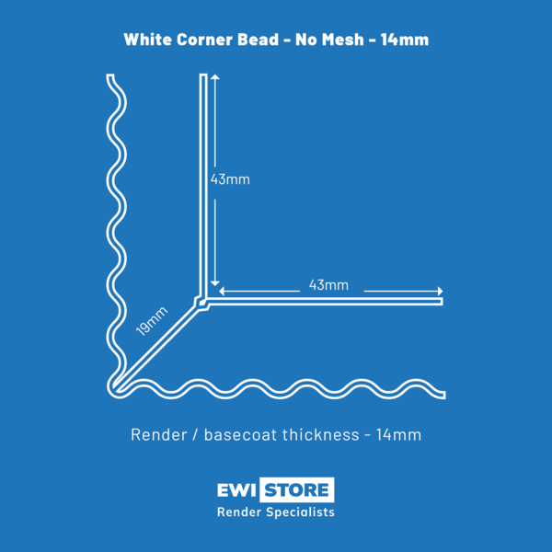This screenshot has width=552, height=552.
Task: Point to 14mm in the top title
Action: (x=405, y=39)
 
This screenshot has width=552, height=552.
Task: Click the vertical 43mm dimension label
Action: (x=230, y=179)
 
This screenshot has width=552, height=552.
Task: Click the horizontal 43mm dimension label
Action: (x=328, y=285)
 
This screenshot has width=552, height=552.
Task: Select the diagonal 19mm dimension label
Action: (x=152, y=321)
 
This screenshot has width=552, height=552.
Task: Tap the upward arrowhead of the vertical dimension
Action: (x=215, y=76)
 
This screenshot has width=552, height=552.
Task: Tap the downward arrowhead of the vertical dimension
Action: (x=215, y=283)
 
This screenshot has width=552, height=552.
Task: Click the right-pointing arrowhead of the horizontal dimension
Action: (x=441, y=291)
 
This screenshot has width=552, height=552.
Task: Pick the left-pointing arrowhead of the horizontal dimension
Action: (x=222, y=291)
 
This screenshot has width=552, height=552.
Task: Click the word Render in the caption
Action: (x=159, y=435)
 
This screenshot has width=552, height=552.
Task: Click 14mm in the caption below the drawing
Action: (x=399, y=435)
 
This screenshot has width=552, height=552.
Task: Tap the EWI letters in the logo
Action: (x=236, y=490)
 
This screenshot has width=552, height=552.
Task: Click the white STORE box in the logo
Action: (x=297, y=489)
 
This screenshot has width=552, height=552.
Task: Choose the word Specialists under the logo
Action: (x=300, y=512)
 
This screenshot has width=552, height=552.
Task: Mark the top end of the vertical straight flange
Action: (x=203, y=75)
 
